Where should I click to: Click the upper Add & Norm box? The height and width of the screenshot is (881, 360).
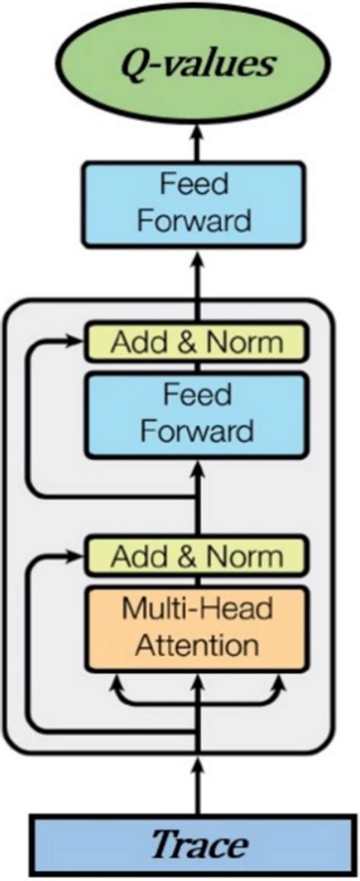197,341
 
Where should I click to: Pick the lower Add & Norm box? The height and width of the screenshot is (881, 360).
197,556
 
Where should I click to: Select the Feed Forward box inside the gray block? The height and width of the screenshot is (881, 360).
198,414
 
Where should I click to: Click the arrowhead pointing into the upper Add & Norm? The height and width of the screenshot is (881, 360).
77,342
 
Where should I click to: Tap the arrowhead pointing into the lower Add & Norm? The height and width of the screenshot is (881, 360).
77,556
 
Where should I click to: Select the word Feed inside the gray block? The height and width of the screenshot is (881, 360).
198,397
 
